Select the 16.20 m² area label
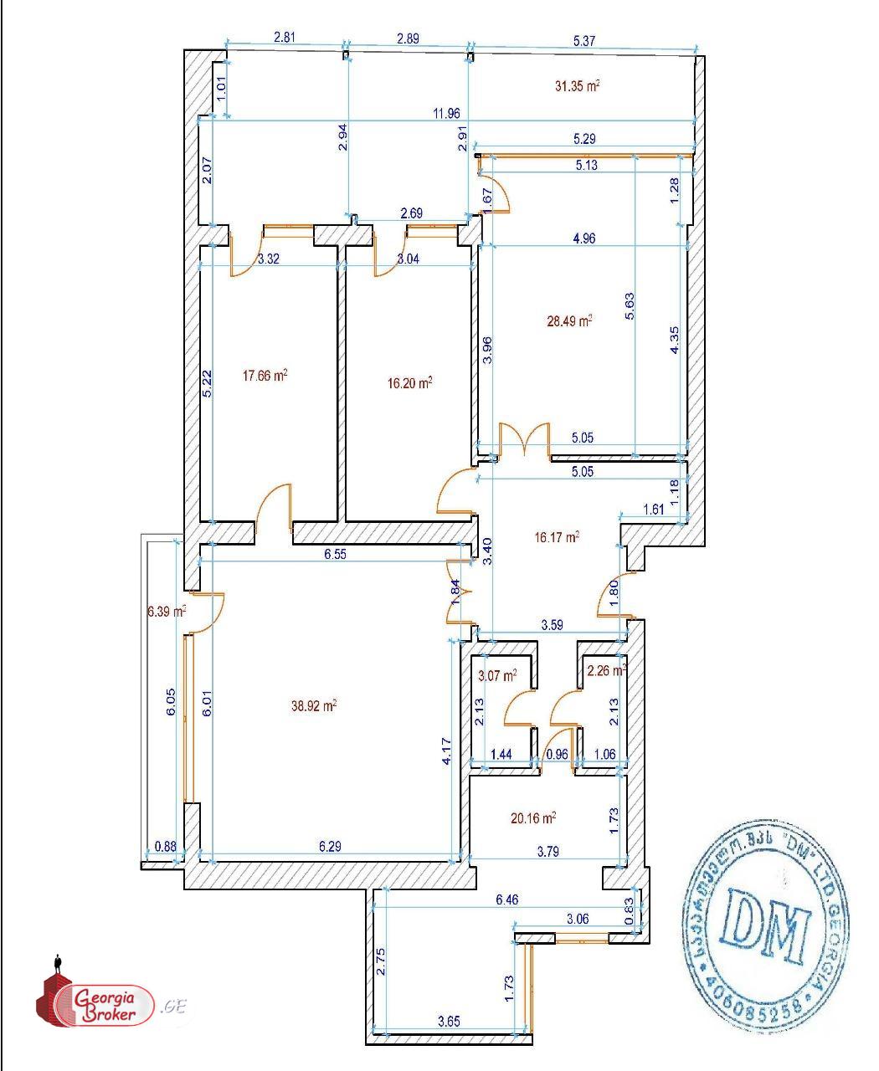[x=410, y=382]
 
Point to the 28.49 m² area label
[x=569, y=320]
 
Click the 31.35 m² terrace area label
[x=578, y=85]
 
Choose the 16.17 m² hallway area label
[x=557, y=537]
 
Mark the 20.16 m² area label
[x=533, y=817]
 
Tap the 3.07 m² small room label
[x=496, y=674]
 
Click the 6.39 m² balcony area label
[x=166, y=612]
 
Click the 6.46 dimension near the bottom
[x=508, y=900]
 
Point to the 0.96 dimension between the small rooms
[x=557, y=754]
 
